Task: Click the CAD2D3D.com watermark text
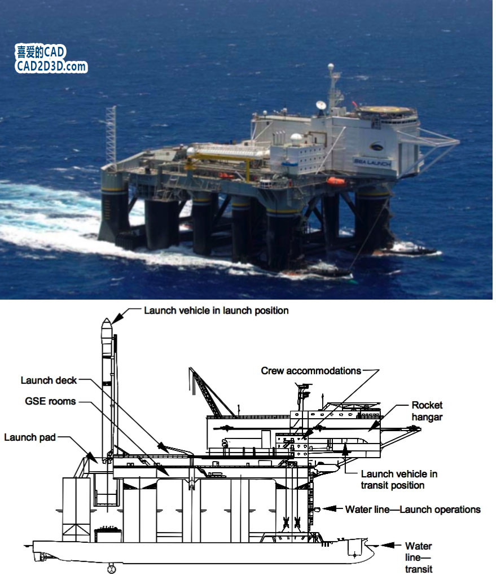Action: pos(51,67)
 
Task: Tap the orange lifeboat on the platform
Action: pos(335,181)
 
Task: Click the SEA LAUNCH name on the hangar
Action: pos(372,163)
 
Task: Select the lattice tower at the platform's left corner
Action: pos(111,135)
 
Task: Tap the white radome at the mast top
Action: pos(331,67)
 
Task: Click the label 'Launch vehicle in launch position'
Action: pos(216,310)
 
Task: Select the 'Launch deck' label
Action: pos(49,380)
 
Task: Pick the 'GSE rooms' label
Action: pos(50,401)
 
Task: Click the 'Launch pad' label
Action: pos(30,437)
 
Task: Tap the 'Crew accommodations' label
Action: pos(311,371)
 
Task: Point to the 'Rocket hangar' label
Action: pos(427,411)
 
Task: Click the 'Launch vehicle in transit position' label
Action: pos(399,480)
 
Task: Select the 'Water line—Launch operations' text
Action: pos(413,510)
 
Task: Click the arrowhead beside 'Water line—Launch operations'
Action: pos(330,508)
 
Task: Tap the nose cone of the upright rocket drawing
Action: pos(106,324)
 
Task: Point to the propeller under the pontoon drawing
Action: pos(111,569)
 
